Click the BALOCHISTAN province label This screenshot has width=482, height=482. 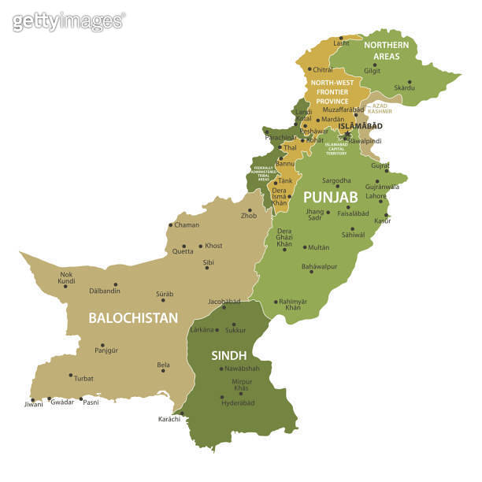(x=133, y=318)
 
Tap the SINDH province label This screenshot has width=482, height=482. (x=229, y=355)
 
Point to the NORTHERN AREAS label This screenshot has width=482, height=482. (x=386, y=50)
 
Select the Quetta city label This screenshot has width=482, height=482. (x=183, y=251)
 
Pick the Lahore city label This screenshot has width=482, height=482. (x=376, y=195)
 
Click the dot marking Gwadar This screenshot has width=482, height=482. (x=49, y=399)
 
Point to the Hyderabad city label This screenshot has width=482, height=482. (x=237, y=402)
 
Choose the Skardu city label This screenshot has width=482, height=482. (x=404, y=87)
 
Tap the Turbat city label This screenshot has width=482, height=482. (x=83, y=378)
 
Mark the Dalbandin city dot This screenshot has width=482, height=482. (x=116, y=284)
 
